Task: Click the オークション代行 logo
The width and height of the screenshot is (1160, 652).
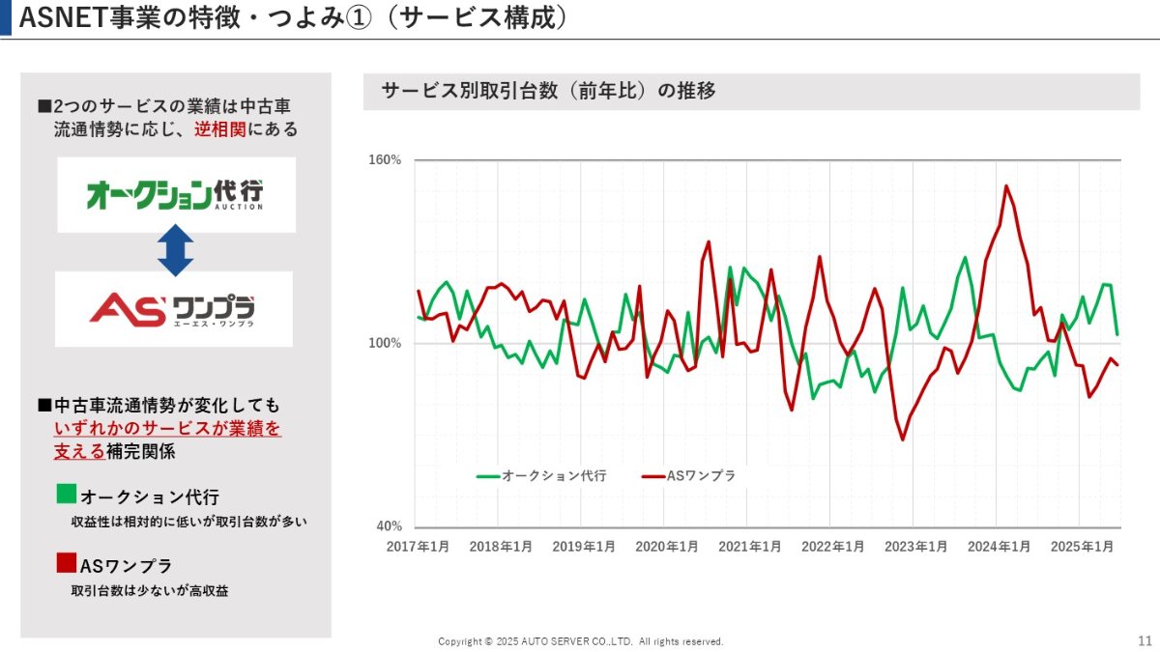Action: point(175,194)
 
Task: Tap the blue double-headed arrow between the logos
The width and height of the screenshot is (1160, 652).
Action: point(175,251)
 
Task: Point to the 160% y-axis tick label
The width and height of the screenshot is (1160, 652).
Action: point(385,160)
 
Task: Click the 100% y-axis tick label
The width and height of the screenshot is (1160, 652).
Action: point(385,344)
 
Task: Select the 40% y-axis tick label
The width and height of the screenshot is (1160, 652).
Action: point(388,527)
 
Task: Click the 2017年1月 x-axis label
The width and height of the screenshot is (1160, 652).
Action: point(418,547)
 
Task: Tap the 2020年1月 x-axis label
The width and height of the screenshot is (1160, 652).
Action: point(667,547)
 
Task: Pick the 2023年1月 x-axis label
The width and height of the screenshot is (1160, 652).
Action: point(916,547)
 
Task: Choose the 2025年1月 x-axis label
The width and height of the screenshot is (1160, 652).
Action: point(1083,547)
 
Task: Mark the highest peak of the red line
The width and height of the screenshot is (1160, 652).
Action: point(1006,185)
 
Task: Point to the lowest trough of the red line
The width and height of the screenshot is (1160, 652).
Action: point(903,440)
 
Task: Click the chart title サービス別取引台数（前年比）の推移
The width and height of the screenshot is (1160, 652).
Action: point(548,92)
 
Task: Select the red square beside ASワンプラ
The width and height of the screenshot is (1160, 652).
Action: point(66,563)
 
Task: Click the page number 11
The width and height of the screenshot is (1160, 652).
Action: point(1145,640)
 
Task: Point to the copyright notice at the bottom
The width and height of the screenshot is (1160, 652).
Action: point(580,641)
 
